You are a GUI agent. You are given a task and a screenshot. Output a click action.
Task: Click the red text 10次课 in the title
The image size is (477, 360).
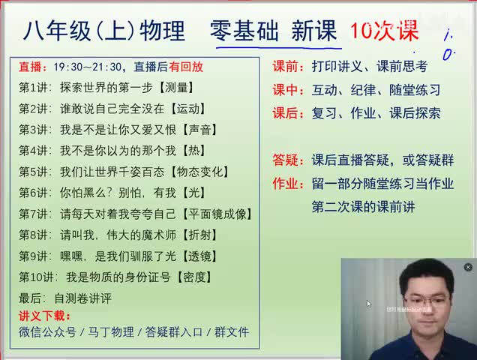384,31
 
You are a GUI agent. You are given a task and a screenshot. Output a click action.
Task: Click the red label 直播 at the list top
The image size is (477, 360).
31,66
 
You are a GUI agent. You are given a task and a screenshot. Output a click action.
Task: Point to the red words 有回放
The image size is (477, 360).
186,66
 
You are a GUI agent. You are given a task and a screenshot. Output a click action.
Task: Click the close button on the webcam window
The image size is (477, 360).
468,267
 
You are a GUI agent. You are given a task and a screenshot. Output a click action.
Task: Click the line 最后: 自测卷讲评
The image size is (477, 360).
65,298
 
